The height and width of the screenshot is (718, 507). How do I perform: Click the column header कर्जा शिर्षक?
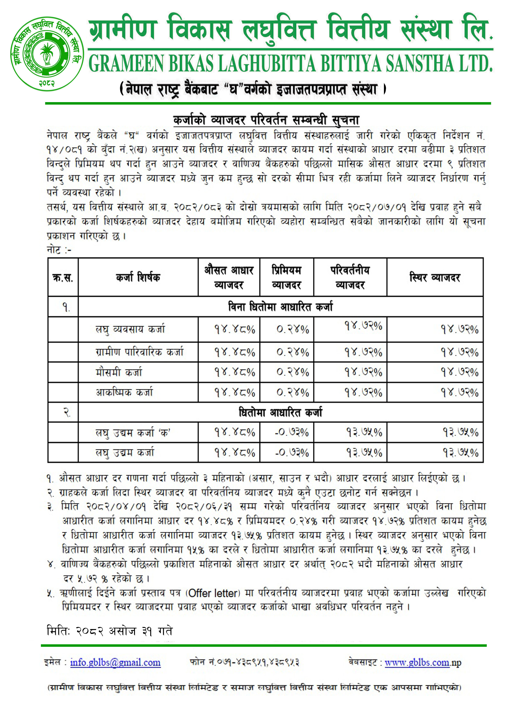(x=138, y=277)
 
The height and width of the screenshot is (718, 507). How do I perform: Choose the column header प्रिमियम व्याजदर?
(x=286, y=277)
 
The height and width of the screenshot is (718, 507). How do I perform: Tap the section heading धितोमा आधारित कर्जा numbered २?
(x=280, y=412)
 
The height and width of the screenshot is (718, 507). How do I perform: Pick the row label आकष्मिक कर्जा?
(x=124, y=392)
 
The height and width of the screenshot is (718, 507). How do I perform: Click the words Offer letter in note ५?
(x=214, y=593)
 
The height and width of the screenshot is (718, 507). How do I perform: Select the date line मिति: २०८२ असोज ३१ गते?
(x=109, y=631)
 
